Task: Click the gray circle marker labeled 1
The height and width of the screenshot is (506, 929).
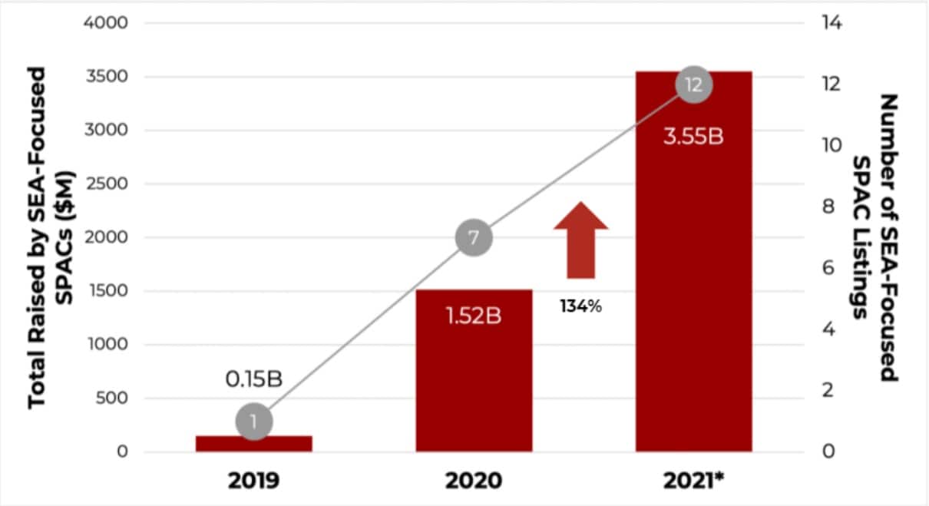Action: (254, 422)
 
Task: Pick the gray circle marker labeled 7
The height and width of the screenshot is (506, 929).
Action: (474, 238)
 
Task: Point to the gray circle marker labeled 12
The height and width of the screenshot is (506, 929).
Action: (693, 84)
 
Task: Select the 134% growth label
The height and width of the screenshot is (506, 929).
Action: (580, 306)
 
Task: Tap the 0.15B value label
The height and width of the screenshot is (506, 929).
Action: (254, 379)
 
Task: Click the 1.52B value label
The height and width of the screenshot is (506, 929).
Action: (474, 316)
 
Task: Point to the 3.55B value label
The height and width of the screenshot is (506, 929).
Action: (693, 141)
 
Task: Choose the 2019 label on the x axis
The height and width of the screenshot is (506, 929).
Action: (254, 481)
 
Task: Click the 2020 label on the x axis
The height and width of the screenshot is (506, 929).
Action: (474, 481)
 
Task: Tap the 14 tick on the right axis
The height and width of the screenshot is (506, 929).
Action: (832, 23)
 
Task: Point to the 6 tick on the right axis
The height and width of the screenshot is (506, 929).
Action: (828, 268)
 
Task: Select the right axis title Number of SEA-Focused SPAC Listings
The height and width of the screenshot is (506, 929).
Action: (877, 238)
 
